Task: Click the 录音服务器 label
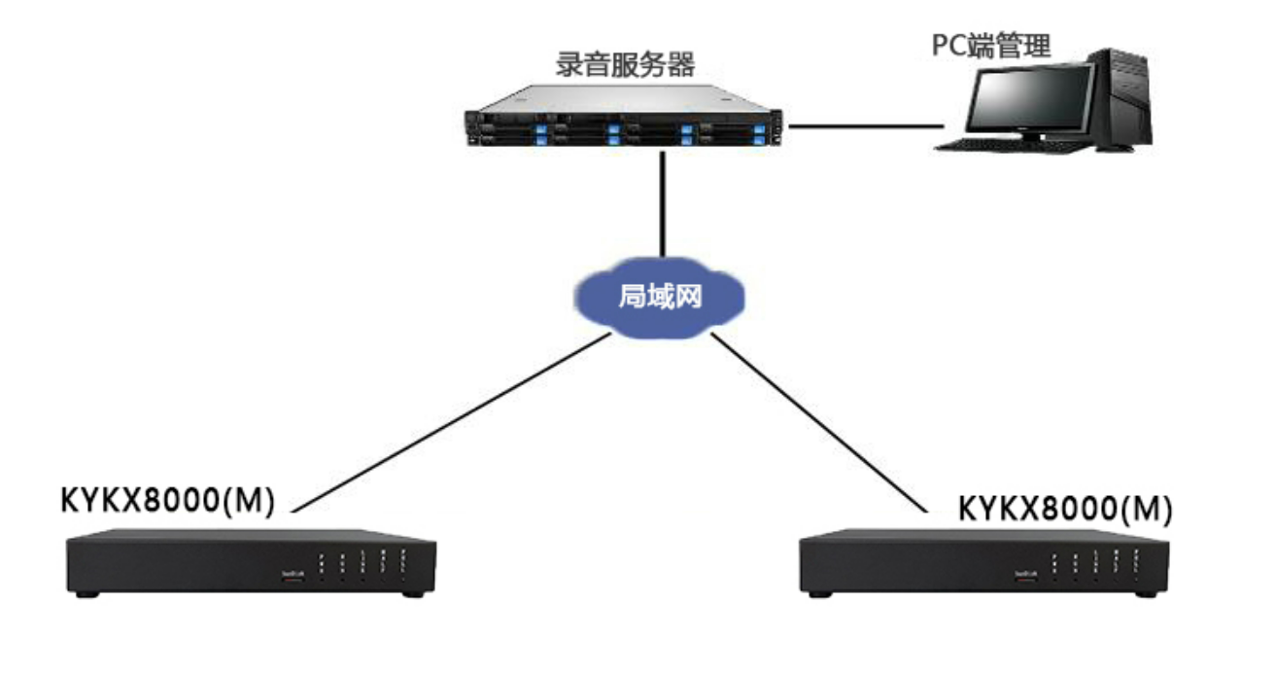625,65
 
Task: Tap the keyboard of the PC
992,145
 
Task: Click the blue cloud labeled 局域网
659,296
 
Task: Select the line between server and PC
865,125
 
